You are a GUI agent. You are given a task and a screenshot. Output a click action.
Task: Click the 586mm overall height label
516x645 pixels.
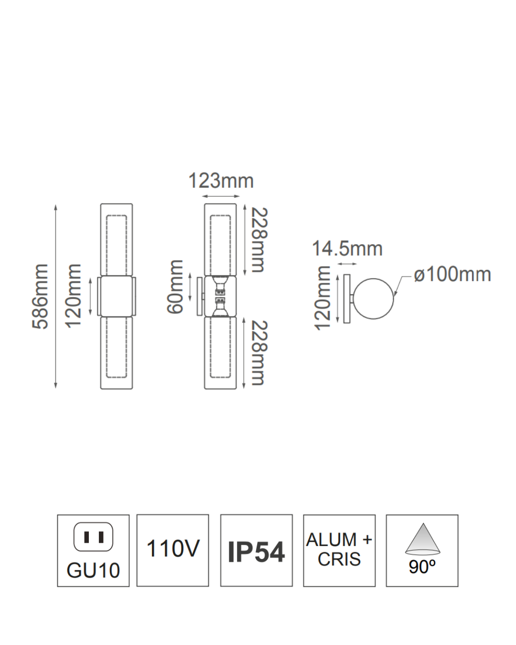pos(41,296)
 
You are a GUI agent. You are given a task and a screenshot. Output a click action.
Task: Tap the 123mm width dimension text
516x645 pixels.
pos(221,181)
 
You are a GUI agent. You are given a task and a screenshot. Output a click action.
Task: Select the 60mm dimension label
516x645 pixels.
pos(175,287)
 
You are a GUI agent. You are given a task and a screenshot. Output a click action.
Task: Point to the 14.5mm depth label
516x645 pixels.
pos(347,248)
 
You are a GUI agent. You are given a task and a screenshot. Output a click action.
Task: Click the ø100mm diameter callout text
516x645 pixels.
pos(452,275)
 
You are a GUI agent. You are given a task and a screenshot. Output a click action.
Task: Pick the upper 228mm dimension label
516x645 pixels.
pos(259,240)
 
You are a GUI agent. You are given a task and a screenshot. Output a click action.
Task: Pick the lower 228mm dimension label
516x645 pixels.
pos(258,353)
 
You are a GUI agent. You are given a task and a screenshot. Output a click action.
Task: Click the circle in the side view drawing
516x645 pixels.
pos(374,299)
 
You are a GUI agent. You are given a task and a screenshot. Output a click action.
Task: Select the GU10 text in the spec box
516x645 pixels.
pos(93,570)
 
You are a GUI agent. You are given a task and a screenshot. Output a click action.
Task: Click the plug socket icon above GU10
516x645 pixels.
pos(93,537)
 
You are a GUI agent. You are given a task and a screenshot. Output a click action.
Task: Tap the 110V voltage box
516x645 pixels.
pos(172,549)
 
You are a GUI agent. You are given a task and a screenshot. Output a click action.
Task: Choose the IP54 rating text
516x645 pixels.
pos(256,552)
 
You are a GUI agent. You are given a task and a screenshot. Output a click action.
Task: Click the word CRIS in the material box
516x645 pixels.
pos(339,559)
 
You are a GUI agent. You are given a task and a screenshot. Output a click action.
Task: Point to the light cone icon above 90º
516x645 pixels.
pos(422,539)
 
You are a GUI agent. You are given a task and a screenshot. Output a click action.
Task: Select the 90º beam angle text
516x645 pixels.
pos(422,567)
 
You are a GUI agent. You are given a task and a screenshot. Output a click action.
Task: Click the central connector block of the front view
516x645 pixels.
pos(116,296)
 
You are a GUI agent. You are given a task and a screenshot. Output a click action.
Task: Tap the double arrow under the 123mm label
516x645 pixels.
pos(221,196)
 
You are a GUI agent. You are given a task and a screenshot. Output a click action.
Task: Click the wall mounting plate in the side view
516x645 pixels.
pos(347,299)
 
